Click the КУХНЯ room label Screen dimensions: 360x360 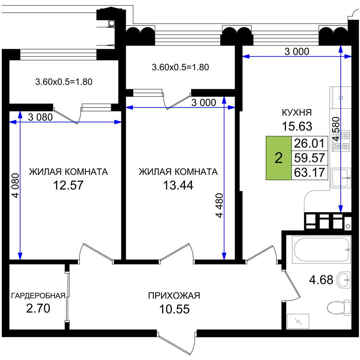click(x=297, y=112)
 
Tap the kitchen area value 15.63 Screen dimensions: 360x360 click(x=297, y=126)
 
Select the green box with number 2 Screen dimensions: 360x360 click(x=279, y=158)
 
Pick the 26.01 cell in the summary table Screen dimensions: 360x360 click(x=310, y=143)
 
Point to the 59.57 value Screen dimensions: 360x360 click(x=310, y=158)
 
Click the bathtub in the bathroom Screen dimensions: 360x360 click(x=321, y=249)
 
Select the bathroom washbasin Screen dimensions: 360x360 click(x=343, y=280)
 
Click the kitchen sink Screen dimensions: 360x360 click(x=341, y=177)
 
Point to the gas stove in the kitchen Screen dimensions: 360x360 click(x=341, y=141)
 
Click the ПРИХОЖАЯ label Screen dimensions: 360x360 click(x=174, y=296)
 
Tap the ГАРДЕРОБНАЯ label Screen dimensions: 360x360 click(x=39, y=296)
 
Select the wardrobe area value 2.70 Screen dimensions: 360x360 click(x=38, y=309)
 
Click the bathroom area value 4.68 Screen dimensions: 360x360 click(x=321, y=280)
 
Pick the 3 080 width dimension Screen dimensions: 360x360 click(x=40, y=117)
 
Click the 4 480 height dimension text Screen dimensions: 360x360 click(x=220, y=205)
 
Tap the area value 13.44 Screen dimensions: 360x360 click(x=178, y=185)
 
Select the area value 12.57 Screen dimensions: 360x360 click(x=68, y=185)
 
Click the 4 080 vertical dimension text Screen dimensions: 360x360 click(x=16, y=185)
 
